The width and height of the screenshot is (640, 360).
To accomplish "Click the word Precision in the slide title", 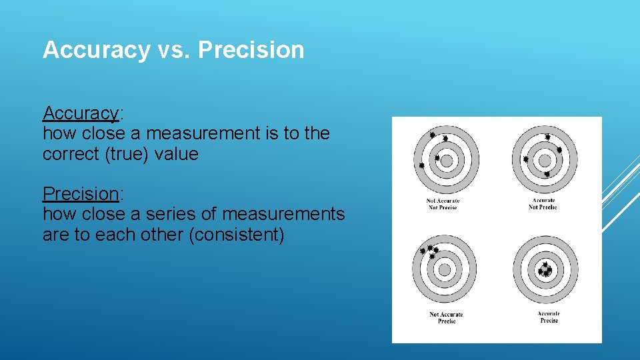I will [251, 50].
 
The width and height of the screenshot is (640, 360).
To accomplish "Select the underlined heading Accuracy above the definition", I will [80, 113].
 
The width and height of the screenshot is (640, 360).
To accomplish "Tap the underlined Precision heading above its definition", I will [80, 194].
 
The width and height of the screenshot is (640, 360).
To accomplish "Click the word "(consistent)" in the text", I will [237, 235].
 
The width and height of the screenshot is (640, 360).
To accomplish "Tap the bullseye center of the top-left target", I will [447, 161].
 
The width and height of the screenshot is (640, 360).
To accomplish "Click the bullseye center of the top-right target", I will [545, 161].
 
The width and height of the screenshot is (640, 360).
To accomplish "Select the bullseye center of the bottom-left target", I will [444, 269].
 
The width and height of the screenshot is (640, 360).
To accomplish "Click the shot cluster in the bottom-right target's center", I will [545, 270].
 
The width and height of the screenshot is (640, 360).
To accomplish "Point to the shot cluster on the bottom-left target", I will [428, 251].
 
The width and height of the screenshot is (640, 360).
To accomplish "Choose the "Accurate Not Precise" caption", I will [543, 204].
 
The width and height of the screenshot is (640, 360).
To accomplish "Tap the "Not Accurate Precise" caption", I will [446, 317].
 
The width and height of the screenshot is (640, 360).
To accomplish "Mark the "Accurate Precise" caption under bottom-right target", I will [549, 317].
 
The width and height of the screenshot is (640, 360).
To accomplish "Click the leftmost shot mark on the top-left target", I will [421, 165].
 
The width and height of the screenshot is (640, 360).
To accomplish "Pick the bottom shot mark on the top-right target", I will [547, 174].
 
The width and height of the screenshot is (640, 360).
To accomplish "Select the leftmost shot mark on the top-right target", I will [526, 159].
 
